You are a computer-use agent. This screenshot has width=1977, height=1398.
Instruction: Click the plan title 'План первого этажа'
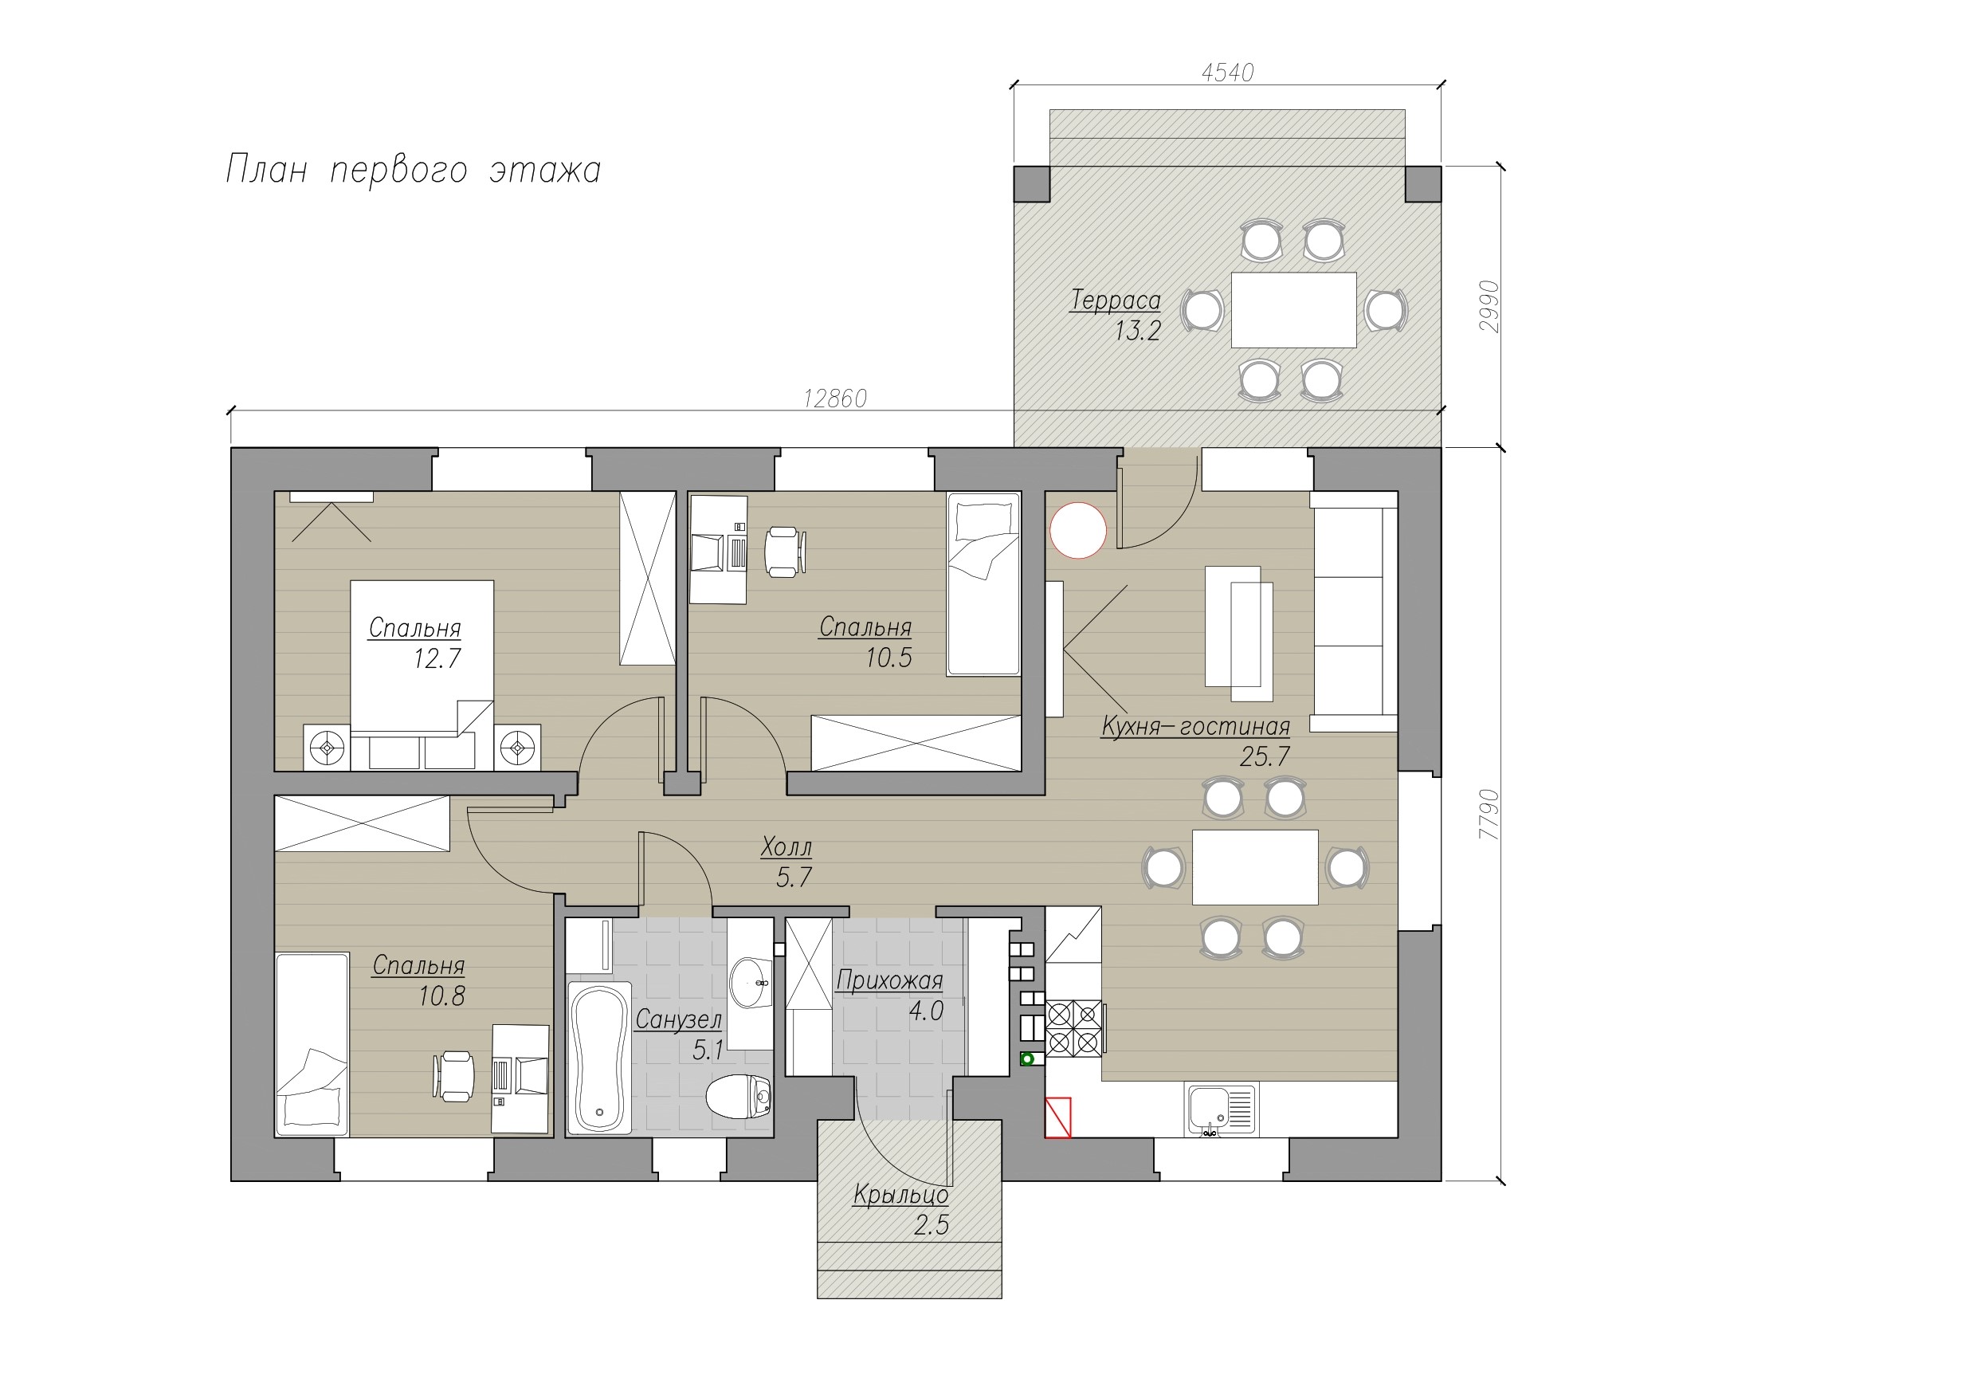[414, 170]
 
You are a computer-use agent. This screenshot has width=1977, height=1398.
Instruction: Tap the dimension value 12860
[835, 398]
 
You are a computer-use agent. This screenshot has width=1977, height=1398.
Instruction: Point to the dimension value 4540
[1228, 73]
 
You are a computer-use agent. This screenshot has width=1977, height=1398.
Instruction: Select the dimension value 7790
[1489, 815]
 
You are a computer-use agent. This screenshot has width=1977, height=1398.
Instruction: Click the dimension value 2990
[1489, 307]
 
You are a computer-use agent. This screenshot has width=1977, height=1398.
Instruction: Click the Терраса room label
[1115, 300]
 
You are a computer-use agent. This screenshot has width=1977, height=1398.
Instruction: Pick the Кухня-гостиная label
[1196, 727]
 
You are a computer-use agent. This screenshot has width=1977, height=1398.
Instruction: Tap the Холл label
[786, 847]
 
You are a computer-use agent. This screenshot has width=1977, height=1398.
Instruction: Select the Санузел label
[678, 1020]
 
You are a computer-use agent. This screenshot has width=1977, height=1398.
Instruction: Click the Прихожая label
[889, 980]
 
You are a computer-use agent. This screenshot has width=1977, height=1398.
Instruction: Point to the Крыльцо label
[900, 1195]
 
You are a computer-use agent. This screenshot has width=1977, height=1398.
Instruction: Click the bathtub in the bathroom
[600, 1058]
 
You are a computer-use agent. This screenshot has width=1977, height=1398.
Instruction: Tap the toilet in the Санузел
[738, 1097]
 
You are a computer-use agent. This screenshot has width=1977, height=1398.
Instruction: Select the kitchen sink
[1222, 1109]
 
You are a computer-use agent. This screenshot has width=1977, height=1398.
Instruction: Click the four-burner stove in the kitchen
[1075, 1027]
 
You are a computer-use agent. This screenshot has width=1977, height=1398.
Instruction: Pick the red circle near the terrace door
[1078, 531]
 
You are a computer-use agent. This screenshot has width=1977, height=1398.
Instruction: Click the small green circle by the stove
[1026, 1058]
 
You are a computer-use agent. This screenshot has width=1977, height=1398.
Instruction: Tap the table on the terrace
[1294, 310]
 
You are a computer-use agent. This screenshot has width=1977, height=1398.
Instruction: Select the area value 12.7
[437, 659]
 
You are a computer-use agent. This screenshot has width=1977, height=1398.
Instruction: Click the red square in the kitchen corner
[1058, 1118]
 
